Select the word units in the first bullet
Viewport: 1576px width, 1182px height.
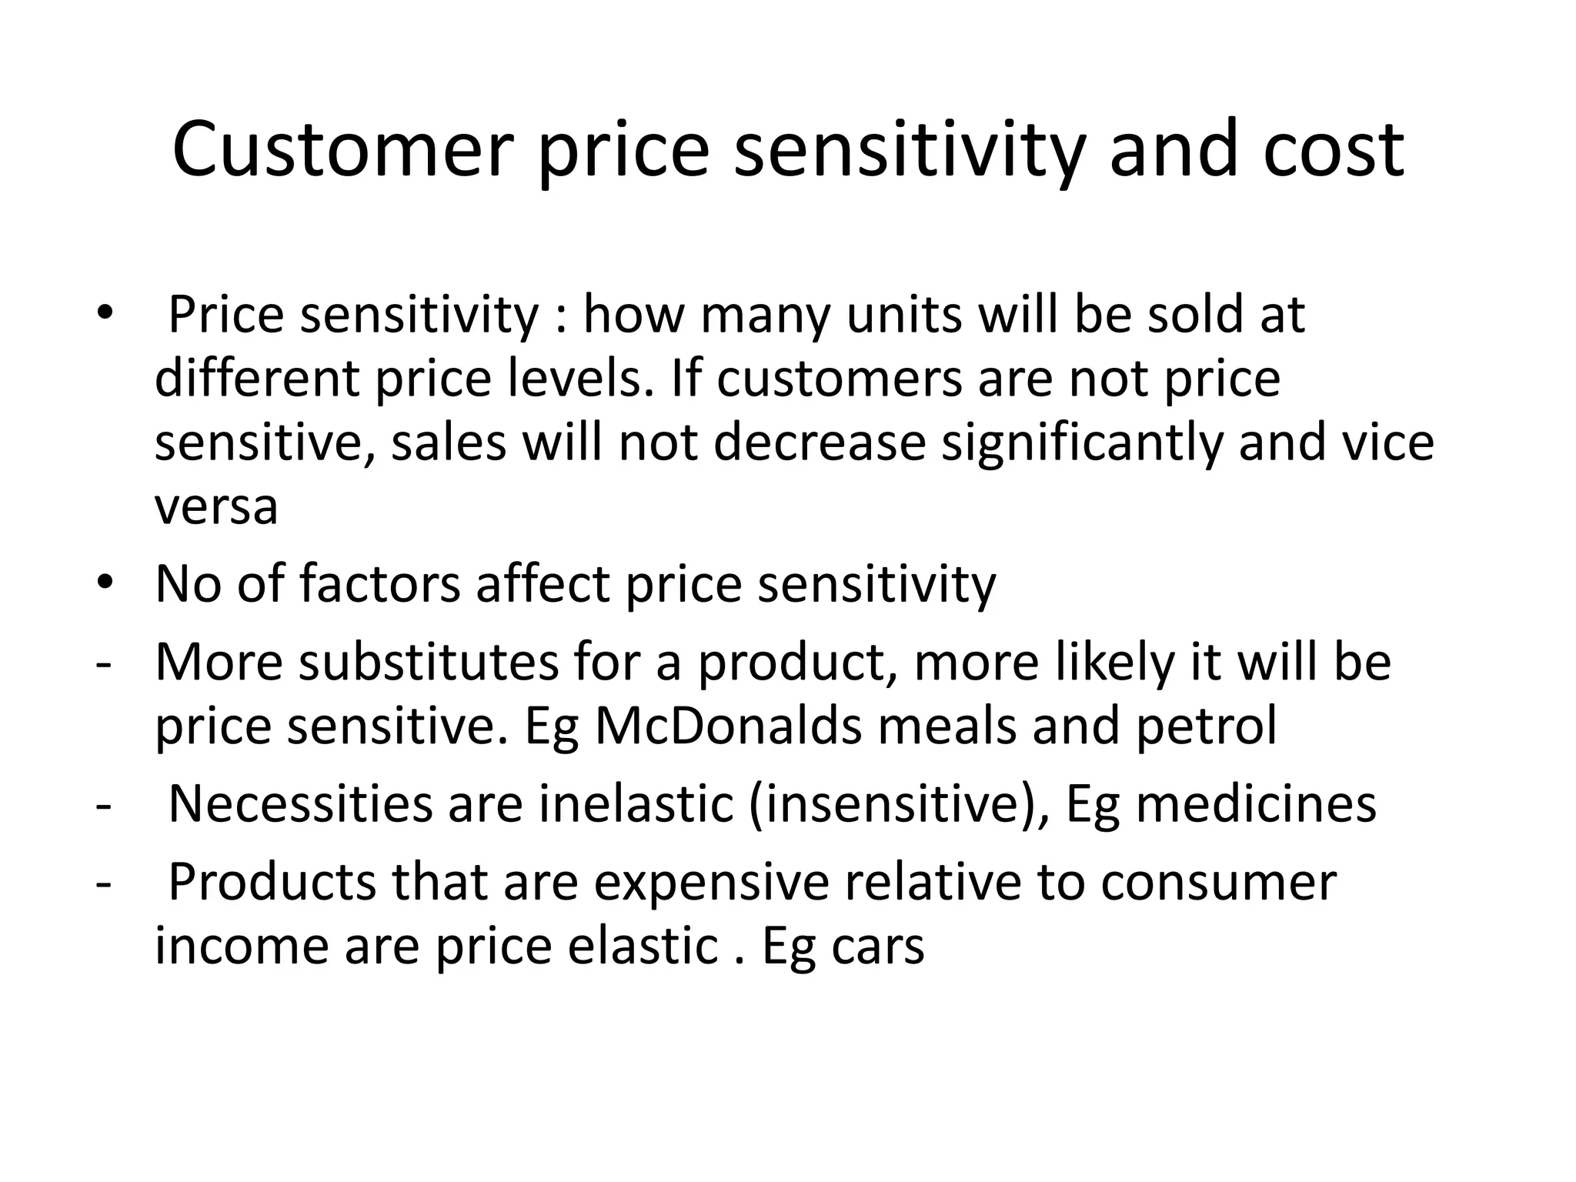click(903, 315)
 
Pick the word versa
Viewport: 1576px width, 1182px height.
click(216, 506)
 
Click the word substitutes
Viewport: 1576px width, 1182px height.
click(429, 662)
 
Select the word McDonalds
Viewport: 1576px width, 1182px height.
click(728, 725)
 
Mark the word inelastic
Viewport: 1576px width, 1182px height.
click(636, 803)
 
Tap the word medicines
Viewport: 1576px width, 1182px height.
click(1256, 803)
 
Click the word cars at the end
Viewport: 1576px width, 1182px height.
click(878, 947)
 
